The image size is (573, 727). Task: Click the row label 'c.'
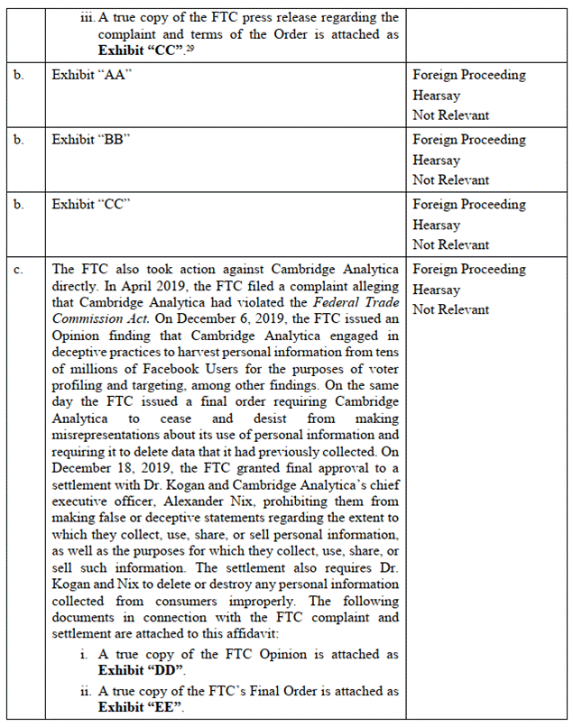click(19, 270)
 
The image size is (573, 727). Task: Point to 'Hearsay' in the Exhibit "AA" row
click(436, 96)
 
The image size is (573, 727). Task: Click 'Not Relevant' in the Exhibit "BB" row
click(451, 179)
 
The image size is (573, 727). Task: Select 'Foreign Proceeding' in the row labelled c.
click(469, 270)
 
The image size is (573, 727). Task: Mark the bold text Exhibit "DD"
click(142, 670)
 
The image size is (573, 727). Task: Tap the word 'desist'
click(256, 419)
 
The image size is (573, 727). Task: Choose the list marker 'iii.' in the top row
click(87, 18)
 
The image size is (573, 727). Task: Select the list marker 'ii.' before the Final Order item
click(87, 690)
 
